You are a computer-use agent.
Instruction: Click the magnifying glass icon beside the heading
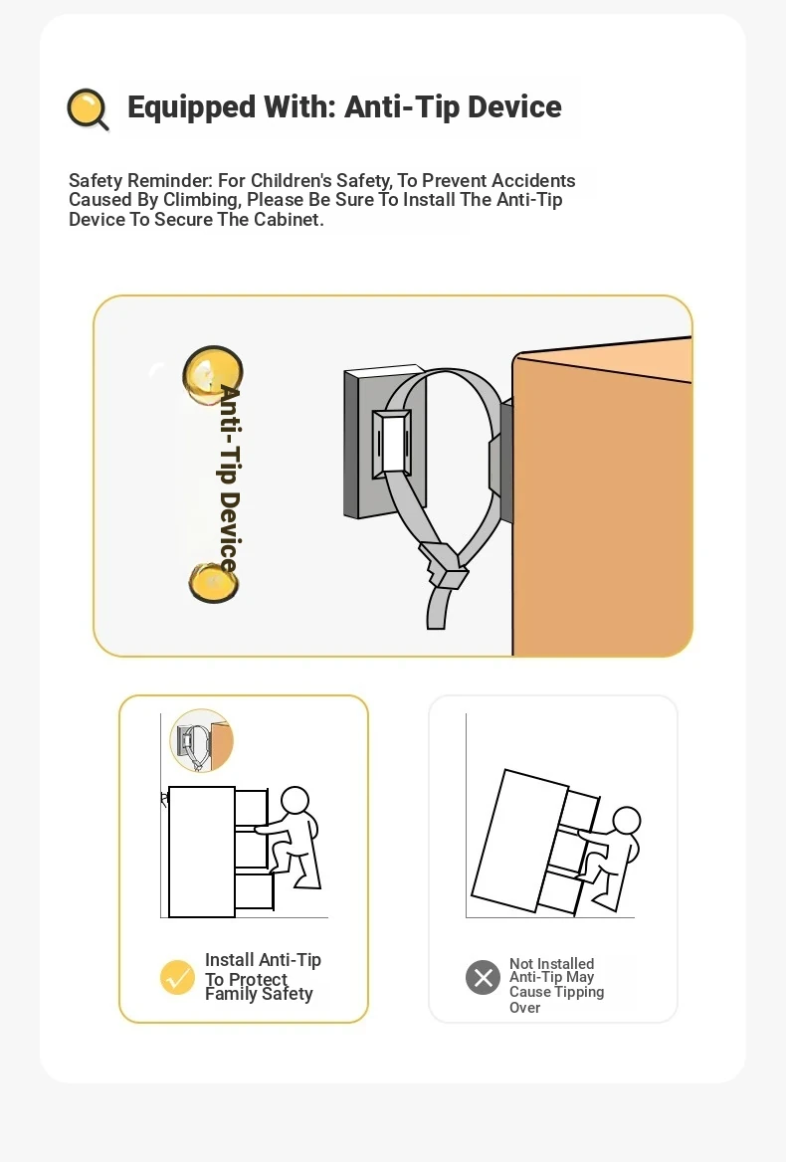(x=88, y=109)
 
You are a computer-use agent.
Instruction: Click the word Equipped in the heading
(x=191, y=107)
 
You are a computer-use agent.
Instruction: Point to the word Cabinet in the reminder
(x=289, y=219)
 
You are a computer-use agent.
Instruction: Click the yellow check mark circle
(x=177, y=977)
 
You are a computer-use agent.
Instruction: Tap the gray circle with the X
(x=483, y=978)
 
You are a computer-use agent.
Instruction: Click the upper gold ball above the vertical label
(x=213, y=375)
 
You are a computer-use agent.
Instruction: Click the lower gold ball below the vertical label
(x=213, y=582)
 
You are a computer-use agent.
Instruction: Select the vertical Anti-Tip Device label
(x=230, y=479)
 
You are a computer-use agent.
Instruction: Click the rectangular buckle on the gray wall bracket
(x=392, y=443)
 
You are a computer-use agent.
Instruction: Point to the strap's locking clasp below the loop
(x=444, y=565)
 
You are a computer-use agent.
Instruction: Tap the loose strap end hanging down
(x=437, y=608)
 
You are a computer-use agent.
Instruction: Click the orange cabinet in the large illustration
(x=602, y=504)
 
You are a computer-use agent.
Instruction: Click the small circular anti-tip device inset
(x=202, y=740)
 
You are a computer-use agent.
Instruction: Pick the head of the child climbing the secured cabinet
(x=295, y=800)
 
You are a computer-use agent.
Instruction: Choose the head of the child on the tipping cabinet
(x=627, y=821)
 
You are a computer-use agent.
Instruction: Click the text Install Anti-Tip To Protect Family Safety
(x=263, y=977)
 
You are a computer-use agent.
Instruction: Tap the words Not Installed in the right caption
(x=552, y=963)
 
